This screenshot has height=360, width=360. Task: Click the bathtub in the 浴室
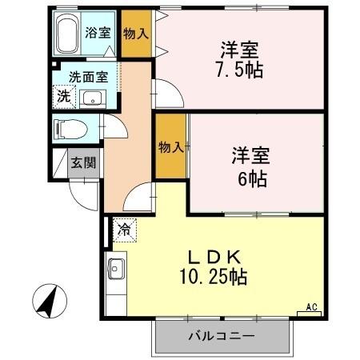tap(67, 33)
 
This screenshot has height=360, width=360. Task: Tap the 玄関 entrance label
tap(82, 162)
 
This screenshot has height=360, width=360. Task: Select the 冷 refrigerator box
tap(124, 229)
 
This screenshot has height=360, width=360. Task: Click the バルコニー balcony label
tap(222, 336)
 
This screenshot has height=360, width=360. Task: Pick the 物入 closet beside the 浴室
tap(135, 33)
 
